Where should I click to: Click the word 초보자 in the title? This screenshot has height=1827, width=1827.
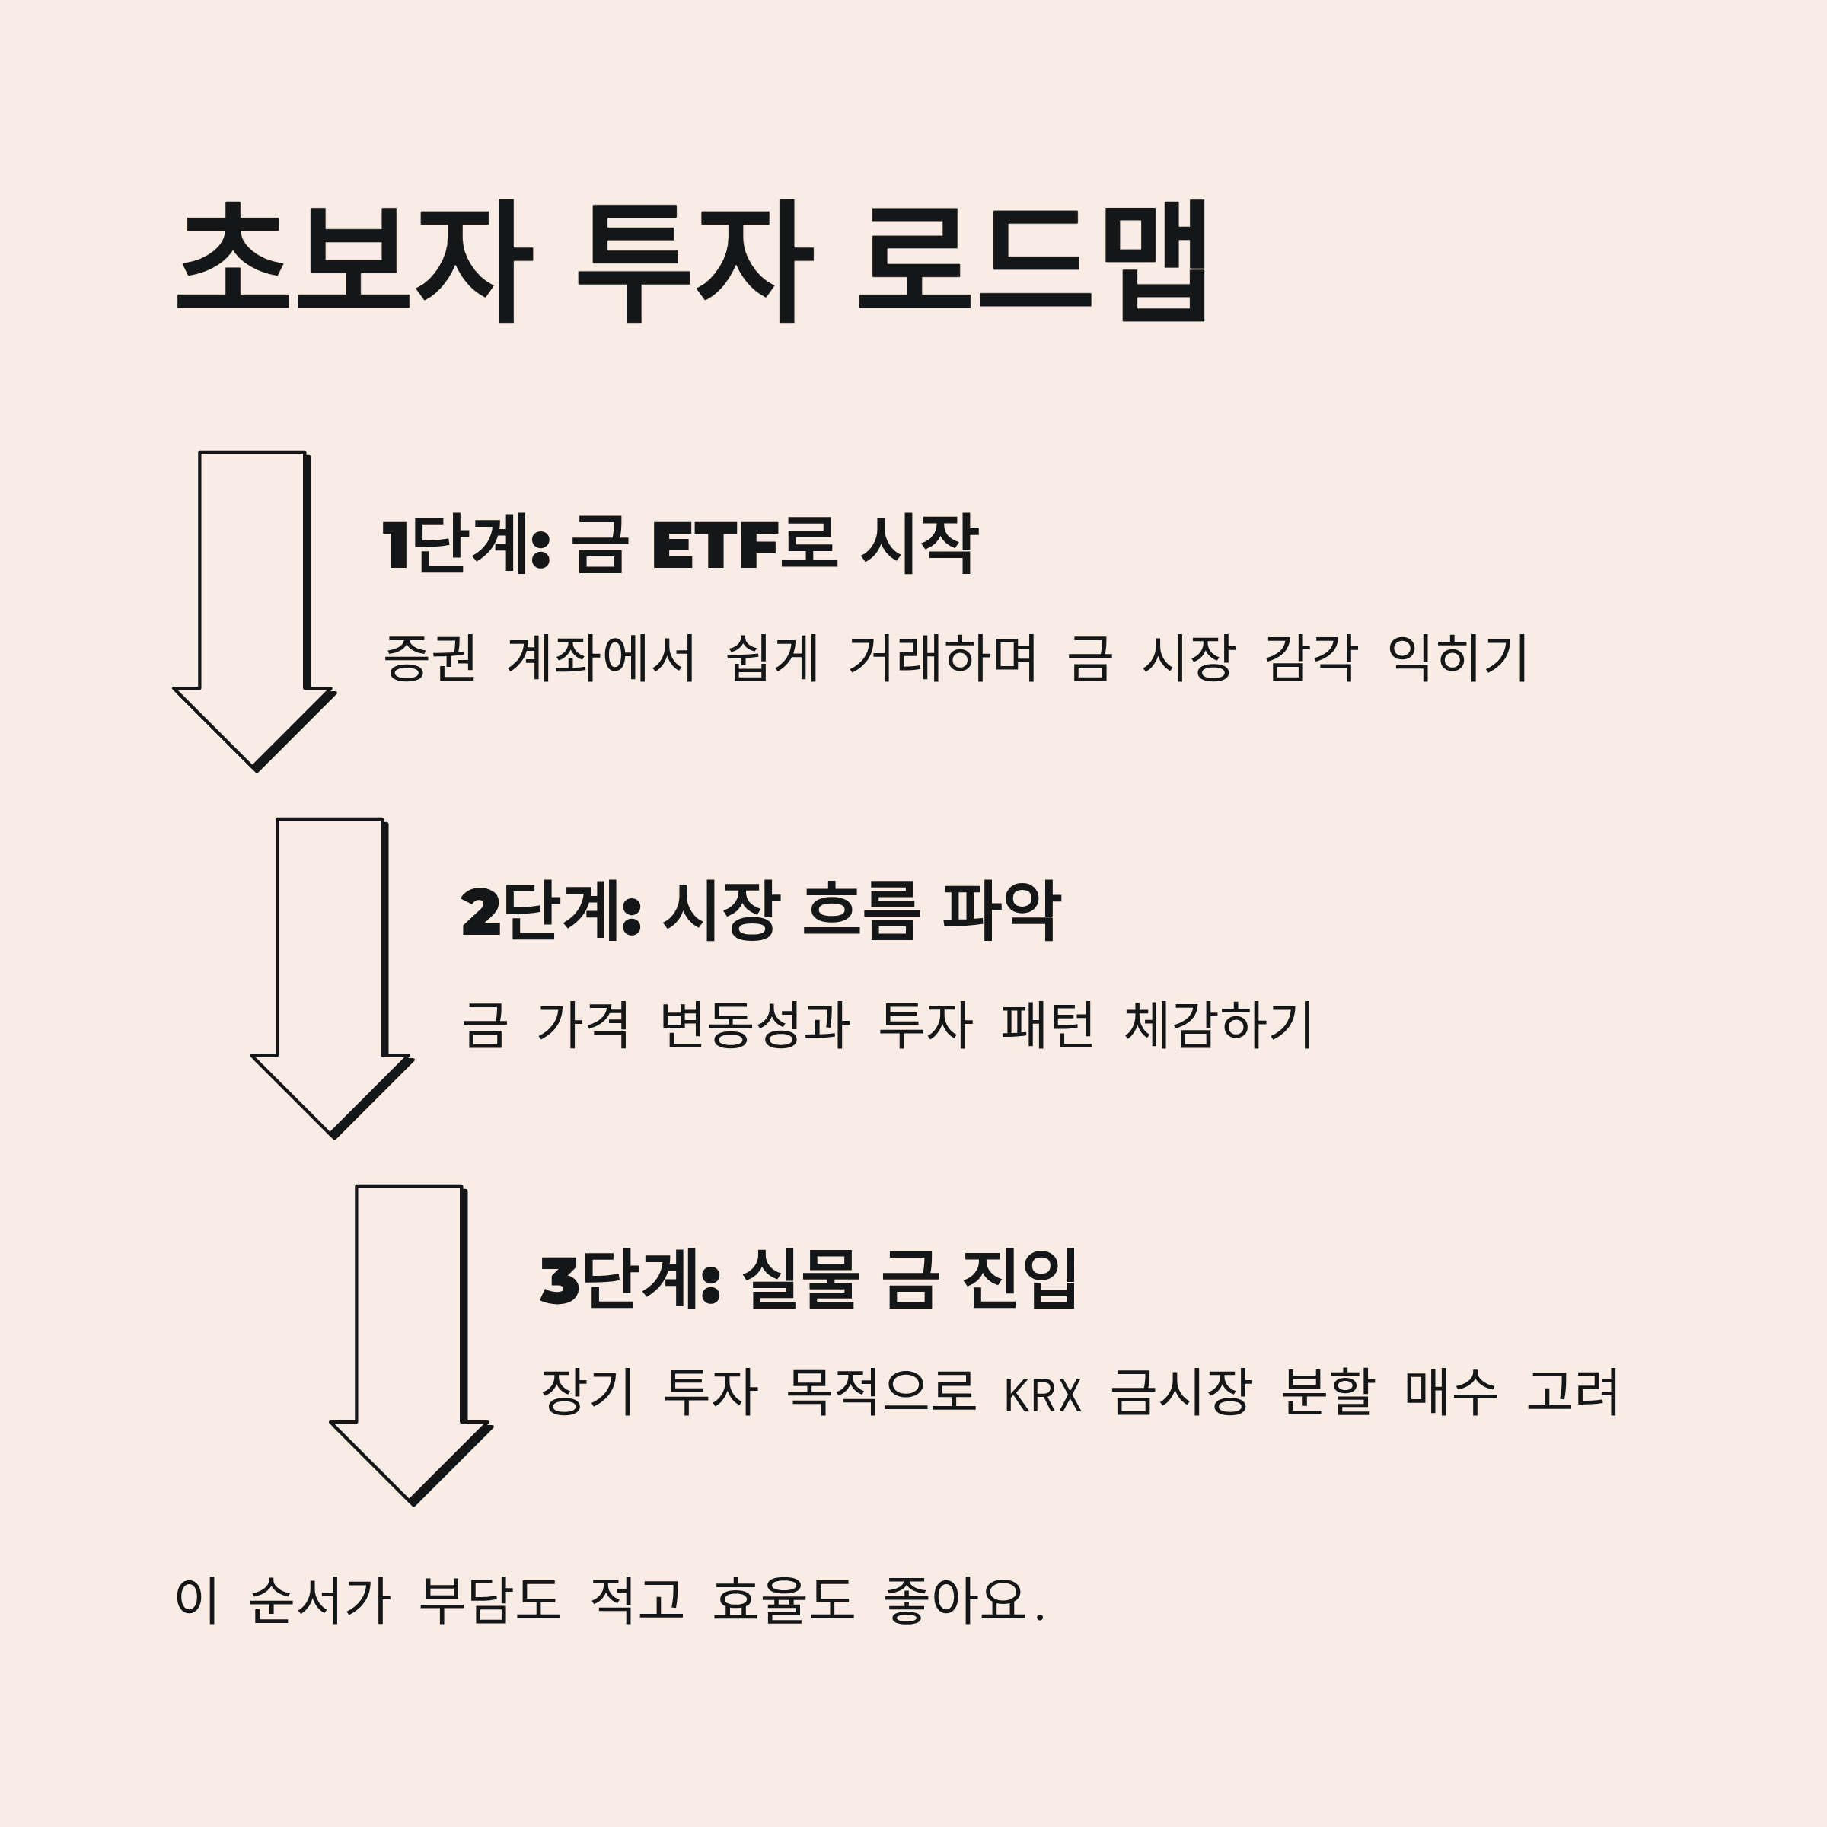(x=355, y=260)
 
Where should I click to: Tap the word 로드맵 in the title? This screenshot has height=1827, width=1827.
(x=1033, y=260)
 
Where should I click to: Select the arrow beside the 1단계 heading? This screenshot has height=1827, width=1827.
(x=253, y=605)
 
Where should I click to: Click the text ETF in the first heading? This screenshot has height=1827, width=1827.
(x=715, y=546)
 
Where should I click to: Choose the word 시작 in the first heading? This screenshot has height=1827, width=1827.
(x=918, y=546)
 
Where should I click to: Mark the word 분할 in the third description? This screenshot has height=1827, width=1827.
(x=1326, y=1393)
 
